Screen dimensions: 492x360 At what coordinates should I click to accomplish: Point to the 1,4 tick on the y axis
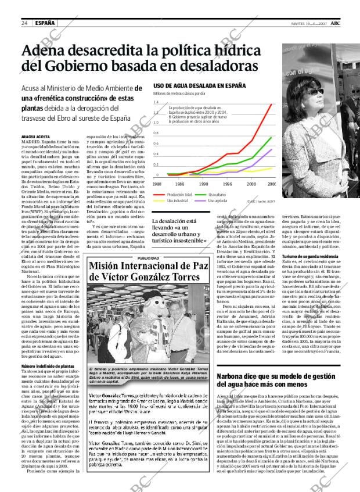coord(156,102)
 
